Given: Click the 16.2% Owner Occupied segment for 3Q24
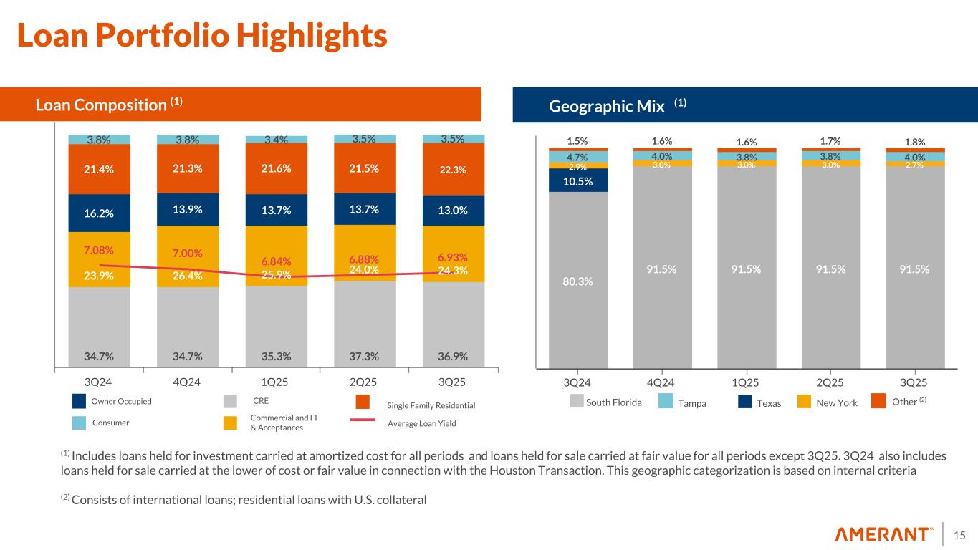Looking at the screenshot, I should [100, 213].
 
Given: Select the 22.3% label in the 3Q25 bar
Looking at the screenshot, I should [453, 170].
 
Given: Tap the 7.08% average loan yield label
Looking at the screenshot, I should [98, 251].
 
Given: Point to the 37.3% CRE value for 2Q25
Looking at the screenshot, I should [364, 355].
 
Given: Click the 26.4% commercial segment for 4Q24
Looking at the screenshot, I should [186, 274].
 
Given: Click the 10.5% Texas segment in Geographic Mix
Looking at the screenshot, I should [577, 181].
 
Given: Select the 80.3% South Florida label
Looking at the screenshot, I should [577, 281].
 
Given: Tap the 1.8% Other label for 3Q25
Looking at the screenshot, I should [914, 142].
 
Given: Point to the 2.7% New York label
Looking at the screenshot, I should [914, 164].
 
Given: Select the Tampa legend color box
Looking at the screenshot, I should [665, 402].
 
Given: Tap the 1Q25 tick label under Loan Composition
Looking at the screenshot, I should [276, 382].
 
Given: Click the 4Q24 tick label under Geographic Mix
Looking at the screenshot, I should [661, 382].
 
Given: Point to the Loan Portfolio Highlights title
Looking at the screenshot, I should [202, 36].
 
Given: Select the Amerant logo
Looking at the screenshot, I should [885, 534].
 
